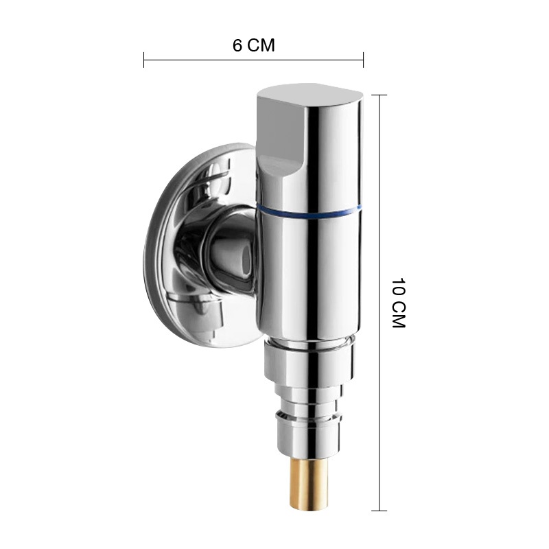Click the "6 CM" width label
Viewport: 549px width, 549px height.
pyautogui.click(x=254, y=45)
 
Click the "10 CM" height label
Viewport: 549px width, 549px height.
pyautogui.click(x=398, y=303)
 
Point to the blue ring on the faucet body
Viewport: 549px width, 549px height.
pyautogui.click(x=310, y=211)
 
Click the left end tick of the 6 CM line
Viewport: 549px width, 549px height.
pyautogui.click(x=144, y=60)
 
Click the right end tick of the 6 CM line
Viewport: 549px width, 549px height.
pyautogui.click(x=364, y=60)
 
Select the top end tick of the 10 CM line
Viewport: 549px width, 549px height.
pyautogui.click(x=379, y=95)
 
